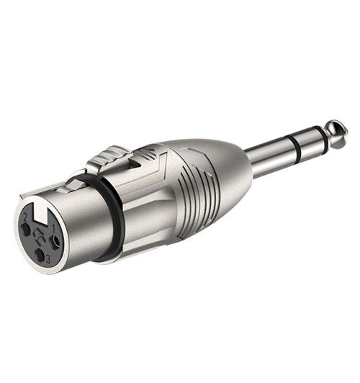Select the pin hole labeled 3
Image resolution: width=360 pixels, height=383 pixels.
pos(40,254)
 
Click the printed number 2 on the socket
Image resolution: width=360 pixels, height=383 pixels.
pos(24,218)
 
